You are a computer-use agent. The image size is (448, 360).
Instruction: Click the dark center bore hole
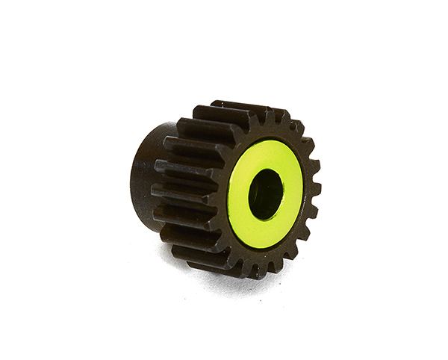(268, 193)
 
